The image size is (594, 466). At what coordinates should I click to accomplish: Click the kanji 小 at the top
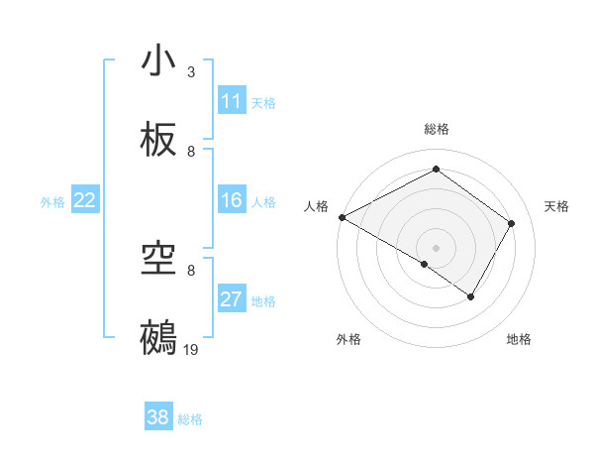158,60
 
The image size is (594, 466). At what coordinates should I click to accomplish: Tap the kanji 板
158,140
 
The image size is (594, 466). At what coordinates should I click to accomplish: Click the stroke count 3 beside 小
191,72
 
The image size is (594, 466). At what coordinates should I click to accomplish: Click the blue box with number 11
231,101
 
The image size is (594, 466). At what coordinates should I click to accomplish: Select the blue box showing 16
231,200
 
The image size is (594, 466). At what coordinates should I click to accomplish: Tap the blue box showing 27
231,299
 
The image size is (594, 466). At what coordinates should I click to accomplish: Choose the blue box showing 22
84,200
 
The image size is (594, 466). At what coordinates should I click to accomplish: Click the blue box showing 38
157,417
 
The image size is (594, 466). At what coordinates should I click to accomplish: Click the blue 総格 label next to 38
190,419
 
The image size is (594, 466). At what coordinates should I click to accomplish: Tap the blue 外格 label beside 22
52,202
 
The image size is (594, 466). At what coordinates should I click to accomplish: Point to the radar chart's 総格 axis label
437,129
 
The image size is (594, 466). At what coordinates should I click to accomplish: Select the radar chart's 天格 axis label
556,206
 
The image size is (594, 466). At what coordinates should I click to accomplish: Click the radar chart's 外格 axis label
348,339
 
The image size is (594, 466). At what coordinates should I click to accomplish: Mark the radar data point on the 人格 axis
342,217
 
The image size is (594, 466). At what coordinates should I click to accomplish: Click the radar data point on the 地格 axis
471,296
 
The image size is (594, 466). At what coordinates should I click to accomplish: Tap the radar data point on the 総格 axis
436,170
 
